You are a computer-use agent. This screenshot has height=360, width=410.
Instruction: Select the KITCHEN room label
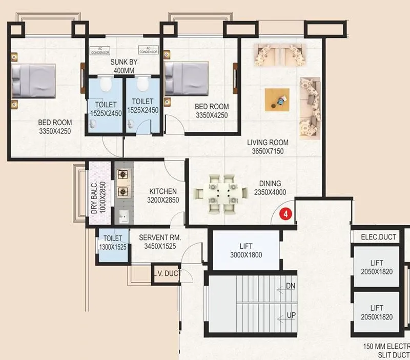(x=163, y=195)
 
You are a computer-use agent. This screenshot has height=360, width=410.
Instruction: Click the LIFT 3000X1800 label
(x=247, y=251)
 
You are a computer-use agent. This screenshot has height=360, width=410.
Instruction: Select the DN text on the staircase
(x=291, y=285)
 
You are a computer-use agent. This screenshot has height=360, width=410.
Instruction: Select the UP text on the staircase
(x=291, y=315)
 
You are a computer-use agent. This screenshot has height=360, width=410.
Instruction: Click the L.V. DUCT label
(x=167, y=274)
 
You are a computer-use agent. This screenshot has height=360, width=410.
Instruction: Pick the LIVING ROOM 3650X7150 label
(x=268, y=147)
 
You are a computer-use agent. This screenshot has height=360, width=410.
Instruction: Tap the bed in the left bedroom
(x=33, y=81)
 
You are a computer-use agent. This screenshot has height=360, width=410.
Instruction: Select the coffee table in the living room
(x=277, y=100)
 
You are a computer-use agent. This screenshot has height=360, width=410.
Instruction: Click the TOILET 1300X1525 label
(x=113, y=243)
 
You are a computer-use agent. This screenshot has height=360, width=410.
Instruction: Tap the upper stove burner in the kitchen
(x=123, y=175)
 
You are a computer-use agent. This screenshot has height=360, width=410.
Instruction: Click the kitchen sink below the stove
(x=123, y=217)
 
